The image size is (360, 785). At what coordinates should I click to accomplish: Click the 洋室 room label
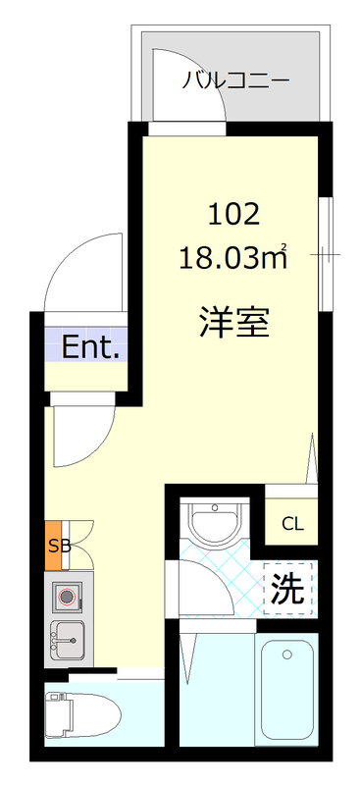pos(233,322)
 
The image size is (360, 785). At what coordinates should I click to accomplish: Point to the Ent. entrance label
pos(90,346)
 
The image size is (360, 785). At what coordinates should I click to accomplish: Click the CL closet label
pos(293,524)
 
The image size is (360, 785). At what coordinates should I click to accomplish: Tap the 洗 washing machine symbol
pos(287,588)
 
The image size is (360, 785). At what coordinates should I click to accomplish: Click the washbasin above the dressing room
pos(216,522)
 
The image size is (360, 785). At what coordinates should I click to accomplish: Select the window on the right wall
pos(326,255)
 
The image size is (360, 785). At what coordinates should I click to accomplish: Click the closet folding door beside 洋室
pos(315,456)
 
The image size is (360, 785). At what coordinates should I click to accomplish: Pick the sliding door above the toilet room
pos(137,672)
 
